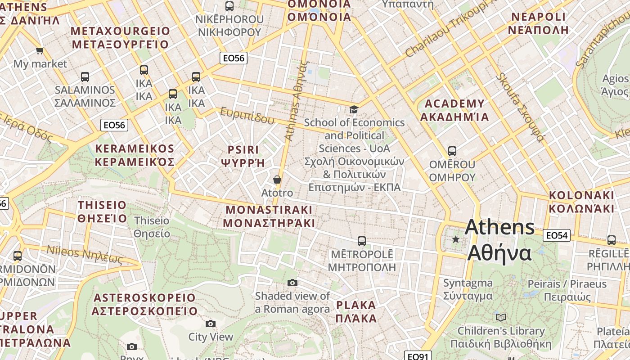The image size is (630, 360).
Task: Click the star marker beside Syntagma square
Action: [456, 239]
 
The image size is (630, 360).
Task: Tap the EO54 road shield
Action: [557, 235]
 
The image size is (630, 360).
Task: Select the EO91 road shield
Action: [418, 356]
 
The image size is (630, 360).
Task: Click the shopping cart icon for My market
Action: [40, 50]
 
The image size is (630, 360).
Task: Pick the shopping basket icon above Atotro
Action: [277, 180]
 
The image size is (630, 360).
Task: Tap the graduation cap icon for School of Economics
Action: [354, 109]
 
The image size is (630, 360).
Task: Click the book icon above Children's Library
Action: [501, 317]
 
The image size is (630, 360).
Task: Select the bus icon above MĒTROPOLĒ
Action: [361, 241]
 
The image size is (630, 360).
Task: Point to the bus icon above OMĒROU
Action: [452, 151]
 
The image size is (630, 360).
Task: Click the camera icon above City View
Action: [210, 324]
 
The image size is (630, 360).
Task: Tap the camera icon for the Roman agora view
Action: [292, 283]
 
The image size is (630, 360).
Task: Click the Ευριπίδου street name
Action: [247, 116]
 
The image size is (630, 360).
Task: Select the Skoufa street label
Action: [520, 106]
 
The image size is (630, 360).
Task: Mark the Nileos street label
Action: [85, 255]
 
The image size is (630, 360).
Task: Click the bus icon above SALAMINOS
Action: [85, 77]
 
